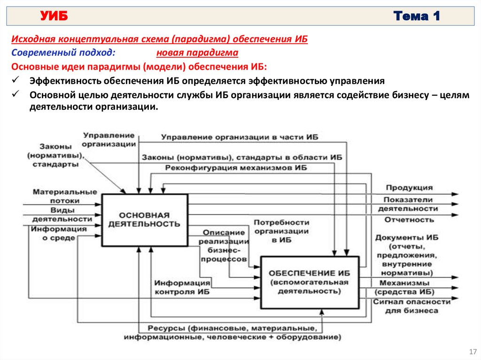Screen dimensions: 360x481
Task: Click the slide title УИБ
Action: (x=54, y=17)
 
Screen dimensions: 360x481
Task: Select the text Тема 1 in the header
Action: (x=417, y=17)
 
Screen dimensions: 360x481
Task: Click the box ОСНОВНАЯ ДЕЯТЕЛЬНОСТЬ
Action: (x=144, y=219)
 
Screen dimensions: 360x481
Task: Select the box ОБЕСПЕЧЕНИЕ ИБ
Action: (x=309, y=282)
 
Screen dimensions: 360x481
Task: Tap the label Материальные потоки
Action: (x=65, y=196)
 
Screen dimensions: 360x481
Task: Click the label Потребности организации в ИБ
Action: (x=281, y=230)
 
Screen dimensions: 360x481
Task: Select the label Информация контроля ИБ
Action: (x=182, y=287)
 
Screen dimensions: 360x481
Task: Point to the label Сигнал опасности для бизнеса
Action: (x=411, y=306)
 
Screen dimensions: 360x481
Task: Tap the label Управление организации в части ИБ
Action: (x=240, y=137)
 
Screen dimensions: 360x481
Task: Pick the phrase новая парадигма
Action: (x=197, y=53)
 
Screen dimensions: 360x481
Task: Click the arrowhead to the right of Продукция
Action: (x=455, y=193)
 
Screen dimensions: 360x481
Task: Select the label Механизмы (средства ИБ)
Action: (x=404, y=287)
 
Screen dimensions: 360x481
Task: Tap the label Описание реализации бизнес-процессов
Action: (x=225, y=245)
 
